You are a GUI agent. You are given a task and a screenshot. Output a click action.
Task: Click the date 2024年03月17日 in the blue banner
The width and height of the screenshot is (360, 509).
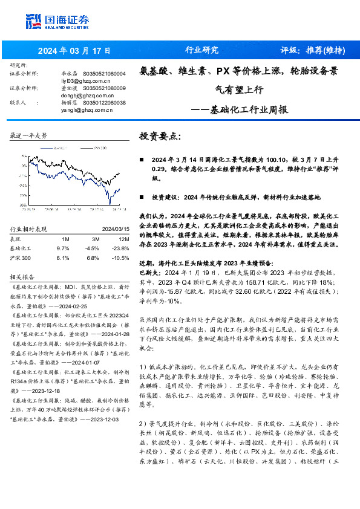coord(75,50)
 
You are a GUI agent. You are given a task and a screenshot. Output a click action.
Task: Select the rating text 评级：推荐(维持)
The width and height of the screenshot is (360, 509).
coord(312,50)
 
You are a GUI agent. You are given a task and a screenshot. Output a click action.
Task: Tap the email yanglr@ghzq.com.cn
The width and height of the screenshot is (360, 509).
coord(87,110)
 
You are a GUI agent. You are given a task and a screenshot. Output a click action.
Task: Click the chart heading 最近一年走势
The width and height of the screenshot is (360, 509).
coord(28,135)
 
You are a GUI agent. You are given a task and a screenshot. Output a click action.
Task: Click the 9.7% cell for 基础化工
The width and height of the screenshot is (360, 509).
coord(62,248)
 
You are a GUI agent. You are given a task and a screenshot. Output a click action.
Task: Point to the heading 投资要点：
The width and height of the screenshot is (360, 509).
coord(160,137)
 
